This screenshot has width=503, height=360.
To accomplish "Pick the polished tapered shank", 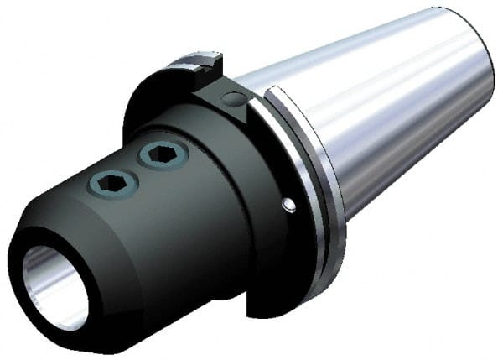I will tap(386, 126).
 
